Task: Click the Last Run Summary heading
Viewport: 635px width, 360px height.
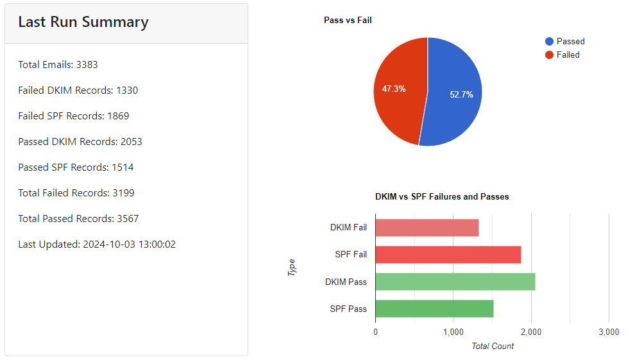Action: point(83,22)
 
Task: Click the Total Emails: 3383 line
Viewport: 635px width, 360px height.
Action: point(58,65)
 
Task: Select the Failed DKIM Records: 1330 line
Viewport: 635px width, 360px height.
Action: point(78,90)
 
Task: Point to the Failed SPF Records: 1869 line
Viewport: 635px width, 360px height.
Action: point(73,116)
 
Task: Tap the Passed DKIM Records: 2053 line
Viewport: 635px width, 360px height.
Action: point(80,142)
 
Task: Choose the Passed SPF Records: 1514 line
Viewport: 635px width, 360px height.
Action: point(76,167)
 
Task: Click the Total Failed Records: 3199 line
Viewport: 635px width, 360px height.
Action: point(76,193)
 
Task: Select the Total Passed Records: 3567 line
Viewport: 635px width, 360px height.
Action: point(78,219)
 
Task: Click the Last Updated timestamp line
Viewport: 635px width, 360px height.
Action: point(97,244)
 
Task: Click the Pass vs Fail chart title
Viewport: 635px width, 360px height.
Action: point(348,21)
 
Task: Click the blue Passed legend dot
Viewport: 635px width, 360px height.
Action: point(549,41)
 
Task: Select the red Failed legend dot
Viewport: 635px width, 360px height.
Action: point(549,55)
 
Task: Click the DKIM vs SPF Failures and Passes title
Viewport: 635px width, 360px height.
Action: point(442,197)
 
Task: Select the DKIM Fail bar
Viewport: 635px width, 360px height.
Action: point(427,228)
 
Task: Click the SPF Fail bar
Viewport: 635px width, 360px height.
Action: point(448,255)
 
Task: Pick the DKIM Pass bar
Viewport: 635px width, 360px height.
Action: point(455,282)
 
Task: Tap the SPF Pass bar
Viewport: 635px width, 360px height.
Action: point(434,309)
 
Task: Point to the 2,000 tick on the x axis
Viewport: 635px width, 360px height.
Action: point(530,332)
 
